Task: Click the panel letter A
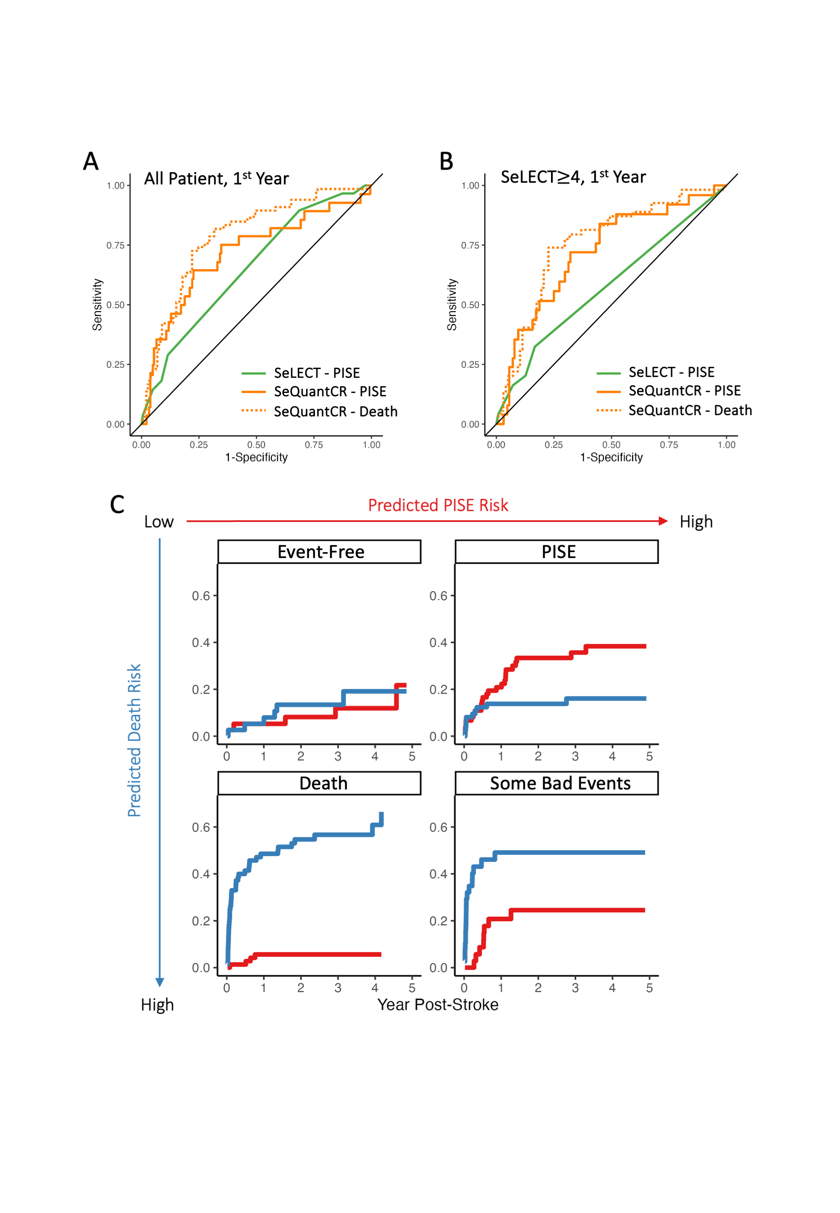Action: (91, 162)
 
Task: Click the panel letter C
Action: (117, 504)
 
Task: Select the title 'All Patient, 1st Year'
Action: (216, 179)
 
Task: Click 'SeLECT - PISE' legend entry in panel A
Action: (316, 374)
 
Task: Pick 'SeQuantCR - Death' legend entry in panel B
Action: (690, 411)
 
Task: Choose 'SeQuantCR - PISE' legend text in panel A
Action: (330, 392)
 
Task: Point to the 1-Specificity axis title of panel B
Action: (611, 458)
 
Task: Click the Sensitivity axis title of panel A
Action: (97, 304)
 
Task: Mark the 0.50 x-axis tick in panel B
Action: (611, 445)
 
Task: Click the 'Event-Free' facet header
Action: (320, 552)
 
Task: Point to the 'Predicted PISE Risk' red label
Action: (438, 506)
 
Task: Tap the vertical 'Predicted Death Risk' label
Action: (135, 740)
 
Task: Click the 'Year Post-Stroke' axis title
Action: (438, 1005)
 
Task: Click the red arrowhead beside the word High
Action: (663, 521)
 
